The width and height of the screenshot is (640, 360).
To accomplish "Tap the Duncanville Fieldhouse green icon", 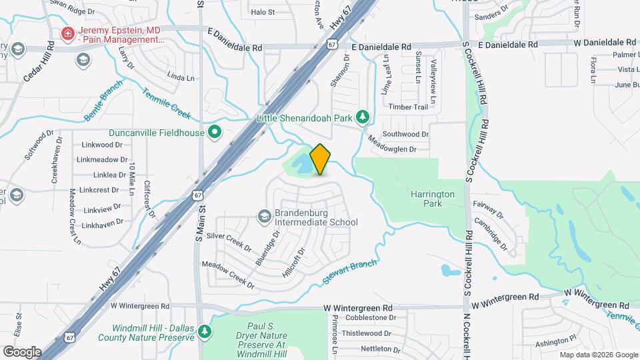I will (x=215, y=133).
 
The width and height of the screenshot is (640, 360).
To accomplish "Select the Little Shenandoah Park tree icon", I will (x=363, y=117).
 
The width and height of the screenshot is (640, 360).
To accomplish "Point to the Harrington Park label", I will (x=433, y=199).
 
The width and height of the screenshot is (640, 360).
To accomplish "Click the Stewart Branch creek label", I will (x=350, y=272).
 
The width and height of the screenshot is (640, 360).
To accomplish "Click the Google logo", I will (x=22, y=351).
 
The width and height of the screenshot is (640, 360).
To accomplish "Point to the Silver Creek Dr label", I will (x=229, y=241).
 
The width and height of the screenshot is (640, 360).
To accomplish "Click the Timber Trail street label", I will (x=408, y=107).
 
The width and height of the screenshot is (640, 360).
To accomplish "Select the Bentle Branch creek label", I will (x=103, y=101).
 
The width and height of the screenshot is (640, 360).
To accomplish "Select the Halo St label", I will (x=263, y=12).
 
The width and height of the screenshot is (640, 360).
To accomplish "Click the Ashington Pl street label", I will (x=555, y=343).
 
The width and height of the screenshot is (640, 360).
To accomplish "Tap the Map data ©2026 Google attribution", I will (x=597, y=355).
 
